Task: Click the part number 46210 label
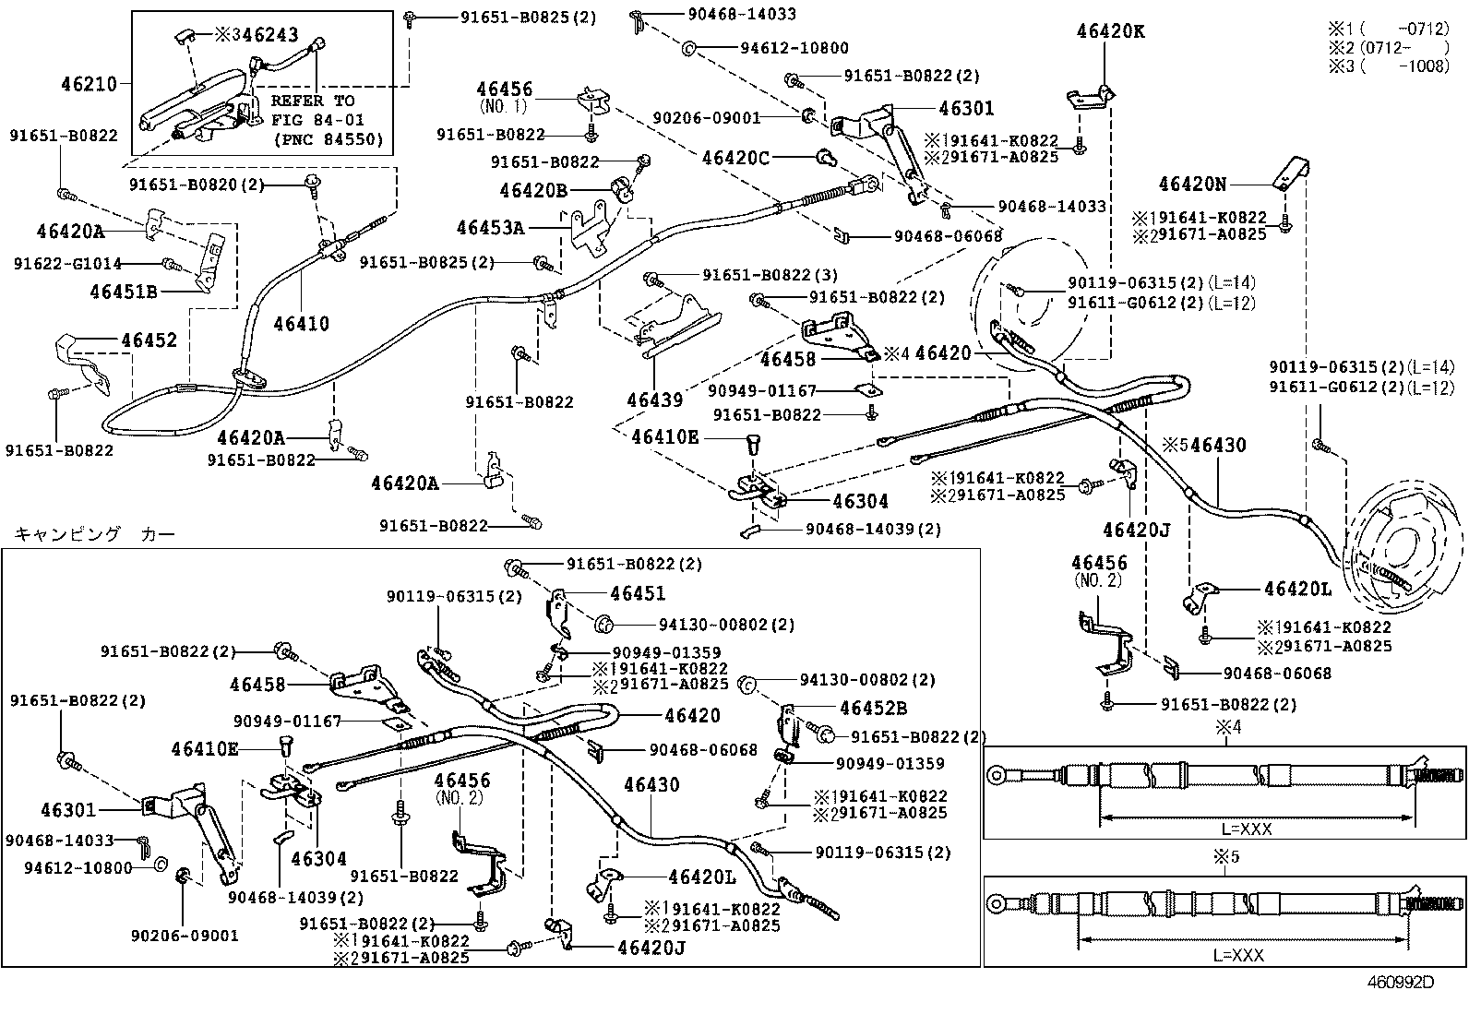[x=89, y=84]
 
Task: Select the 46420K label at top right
[x=1110, y=31]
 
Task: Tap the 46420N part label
[x=1192, y=185]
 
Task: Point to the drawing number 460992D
[x=1401, y=982]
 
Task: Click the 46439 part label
[x=654, y=400]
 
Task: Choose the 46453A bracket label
[x=489, y=227]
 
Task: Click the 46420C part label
[x=734, y=158]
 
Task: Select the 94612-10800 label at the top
[x=794, y=48]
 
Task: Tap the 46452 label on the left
[x=149, y=340]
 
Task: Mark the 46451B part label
[x=124, y=292]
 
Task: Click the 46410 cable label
[x=301, y=323]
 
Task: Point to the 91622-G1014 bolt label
[x=67, y=264]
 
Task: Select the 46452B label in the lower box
[x=873, y=708]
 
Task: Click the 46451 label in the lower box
[x=638, y=593]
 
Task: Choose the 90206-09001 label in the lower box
[x=185, y=936]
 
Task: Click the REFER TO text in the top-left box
[x=312, y=101]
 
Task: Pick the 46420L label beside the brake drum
[x=1297, y=589]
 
